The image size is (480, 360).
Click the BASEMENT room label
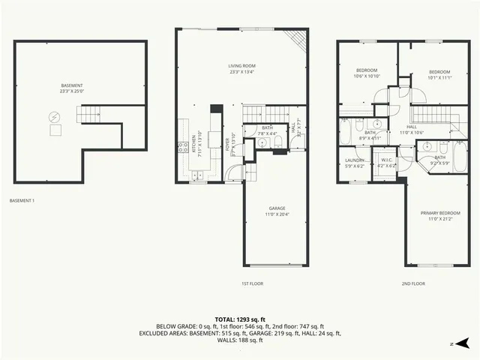[72, 85]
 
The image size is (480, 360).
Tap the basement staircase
[89, 113]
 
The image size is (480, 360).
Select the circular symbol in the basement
[54, 117]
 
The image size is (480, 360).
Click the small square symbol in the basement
[55, 130]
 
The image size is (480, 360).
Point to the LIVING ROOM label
[241, 66]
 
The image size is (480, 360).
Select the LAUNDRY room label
[355, 160]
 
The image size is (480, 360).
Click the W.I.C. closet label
[387, 159]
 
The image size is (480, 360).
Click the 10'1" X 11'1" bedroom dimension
[439, 76]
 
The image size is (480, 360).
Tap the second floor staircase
[430, 115]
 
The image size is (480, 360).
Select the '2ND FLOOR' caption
[412, 283]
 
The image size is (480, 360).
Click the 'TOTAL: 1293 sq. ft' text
[240, 319]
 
